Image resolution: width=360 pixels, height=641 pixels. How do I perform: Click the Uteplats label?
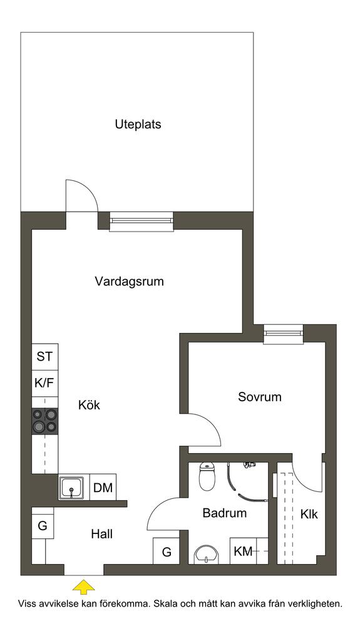(x=138, y=125)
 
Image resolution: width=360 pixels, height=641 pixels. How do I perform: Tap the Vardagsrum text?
(x=129, y=282)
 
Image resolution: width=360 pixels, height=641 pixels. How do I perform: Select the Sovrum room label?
(x=260, y=397)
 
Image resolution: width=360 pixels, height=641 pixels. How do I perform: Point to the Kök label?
(x=89, y=405)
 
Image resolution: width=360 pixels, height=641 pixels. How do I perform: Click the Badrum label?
(x=225, y=513)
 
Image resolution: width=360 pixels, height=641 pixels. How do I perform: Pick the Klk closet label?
(x=309, y=515)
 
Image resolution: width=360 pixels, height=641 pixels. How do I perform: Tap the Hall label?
(x=102, y=534)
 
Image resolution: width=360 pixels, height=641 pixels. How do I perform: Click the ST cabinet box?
(x=45, y=356)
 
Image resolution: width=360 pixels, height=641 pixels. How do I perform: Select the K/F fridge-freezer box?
(x=45, y=383)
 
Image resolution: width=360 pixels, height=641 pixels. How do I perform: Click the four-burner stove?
(x=45, y=421)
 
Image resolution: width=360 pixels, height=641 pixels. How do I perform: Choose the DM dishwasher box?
(x=103, y=487)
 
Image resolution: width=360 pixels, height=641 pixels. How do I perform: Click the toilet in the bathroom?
(x=206, y=476)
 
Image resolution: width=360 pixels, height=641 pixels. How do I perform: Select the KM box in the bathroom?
(x=243, y=551)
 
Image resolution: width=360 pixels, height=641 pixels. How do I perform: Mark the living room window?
(x=141, y=221)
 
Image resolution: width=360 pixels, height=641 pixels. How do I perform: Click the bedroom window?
(x=283, y=334)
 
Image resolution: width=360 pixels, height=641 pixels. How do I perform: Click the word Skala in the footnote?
(x=166, y=604)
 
